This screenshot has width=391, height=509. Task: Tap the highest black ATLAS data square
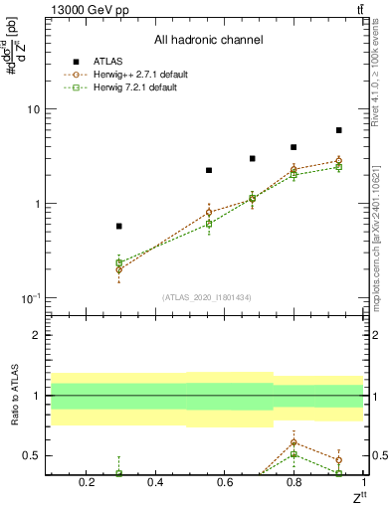pos(338,130)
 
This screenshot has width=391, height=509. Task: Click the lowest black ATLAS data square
pos(119,227)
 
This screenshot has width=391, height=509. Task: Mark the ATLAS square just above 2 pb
pos(209,170)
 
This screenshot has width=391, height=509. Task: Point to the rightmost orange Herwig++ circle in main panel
pos(338,161)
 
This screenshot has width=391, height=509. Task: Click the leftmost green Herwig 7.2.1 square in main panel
pos(119,262)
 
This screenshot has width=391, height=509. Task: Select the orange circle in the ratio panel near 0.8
pos(293,441)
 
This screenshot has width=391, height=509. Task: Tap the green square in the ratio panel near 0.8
pos(293,454)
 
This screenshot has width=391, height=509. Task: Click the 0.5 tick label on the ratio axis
pos(32,456)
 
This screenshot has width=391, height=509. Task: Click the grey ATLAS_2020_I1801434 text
pos(206,297)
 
